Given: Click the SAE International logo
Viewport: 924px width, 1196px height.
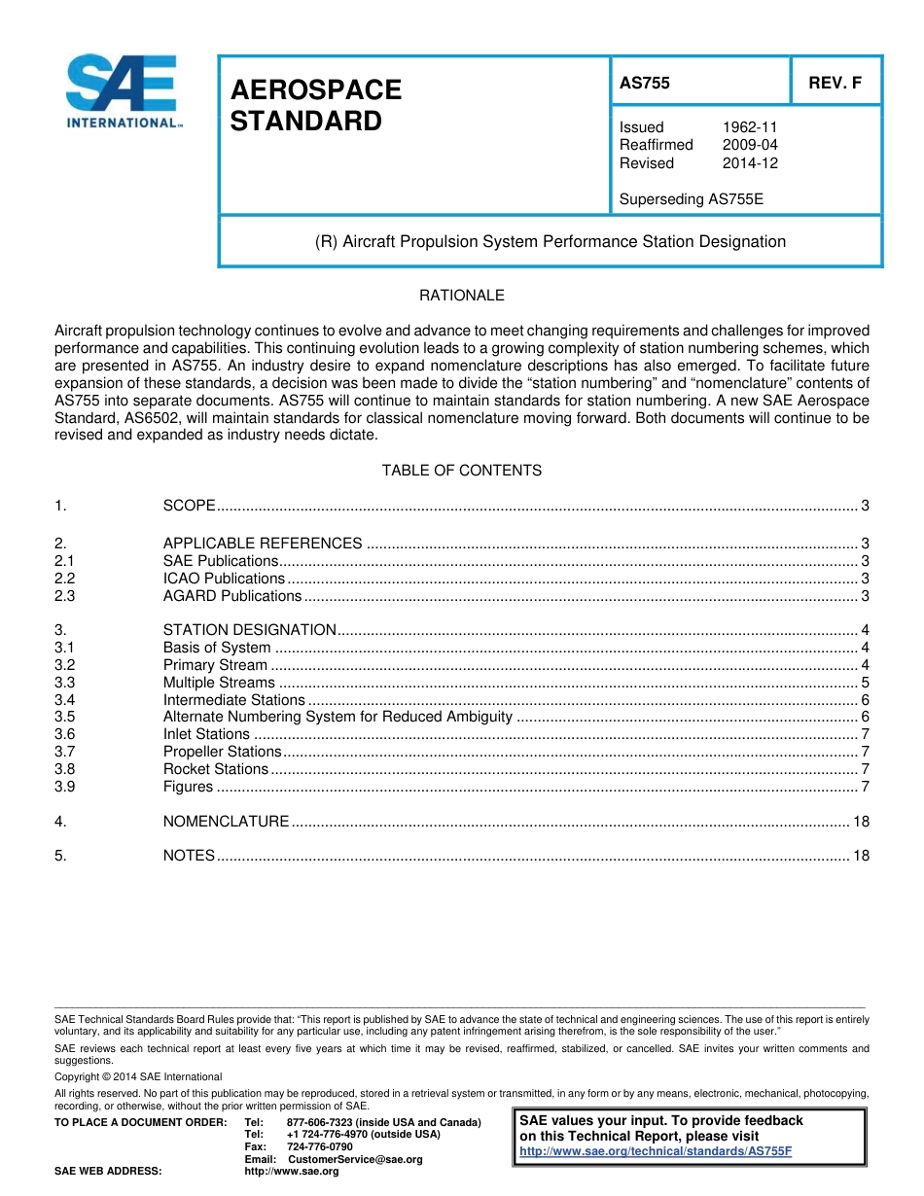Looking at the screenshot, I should [122, 91].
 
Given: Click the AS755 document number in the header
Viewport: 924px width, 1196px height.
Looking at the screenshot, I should [645, 84].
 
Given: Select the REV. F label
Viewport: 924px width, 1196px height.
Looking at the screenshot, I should [835, 84].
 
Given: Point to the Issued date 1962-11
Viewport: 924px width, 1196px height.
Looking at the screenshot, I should [749, 127].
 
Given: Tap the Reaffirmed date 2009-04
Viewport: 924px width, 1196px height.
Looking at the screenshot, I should [749, 145].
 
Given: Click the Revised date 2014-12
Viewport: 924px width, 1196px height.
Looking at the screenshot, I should [749, 163].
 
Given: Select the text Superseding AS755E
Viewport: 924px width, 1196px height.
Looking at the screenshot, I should [692, 199].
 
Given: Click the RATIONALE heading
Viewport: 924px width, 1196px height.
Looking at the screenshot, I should [461, 296].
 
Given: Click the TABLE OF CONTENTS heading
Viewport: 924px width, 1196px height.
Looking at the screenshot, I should [461, 471].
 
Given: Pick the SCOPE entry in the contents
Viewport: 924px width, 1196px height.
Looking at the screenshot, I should [189, 506].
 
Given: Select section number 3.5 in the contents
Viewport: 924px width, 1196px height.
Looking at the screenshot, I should [65, 718].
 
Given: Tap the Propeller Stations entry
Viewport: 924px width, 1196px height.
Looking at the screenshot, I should [222, 752].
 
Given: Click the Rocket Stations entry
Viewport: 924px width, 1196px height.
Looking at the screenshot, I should [215, 769].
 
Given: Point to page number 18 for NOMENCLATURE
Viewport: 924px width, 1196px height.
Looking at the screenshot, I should [861, 822].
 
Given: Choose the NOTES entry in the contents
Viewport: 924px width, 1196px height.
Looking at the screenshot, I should [189, 856].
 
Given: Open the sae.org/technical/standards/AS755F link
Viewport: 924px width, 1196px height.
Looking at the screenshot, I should [656, 1151].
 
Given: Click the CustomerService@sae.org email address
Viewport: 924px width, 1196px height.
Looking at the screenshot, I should [355, 1160].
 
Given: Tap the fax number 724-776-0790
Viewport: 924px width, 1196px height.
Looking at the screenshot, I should [320, 1147].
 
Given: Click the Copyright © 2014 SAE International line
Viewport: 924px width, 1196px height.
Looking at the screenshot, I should [138, 1076].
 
